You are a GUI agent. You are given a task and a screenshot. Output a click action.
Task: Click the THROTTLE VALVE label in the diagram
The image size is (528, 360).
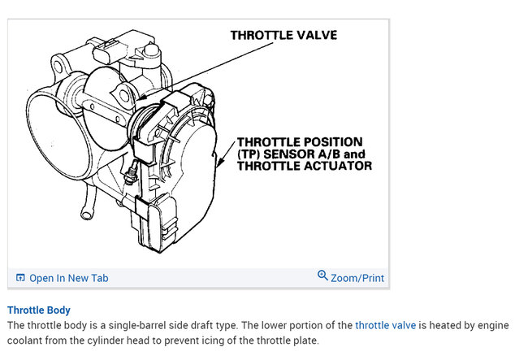283,35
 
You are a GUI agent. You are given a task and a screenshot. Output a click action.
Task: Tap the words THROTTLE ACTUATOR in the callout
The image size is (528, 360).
305,166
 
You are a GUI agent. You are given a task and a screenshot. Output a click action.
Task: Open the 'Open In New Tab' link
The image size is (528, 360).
68,278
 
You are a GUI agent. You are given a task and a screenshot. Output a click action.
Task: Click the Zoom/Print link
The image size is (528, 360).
357,278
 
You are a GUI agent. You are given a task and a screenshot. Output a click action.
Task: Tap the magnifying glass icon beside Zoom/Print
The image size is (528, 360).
322,276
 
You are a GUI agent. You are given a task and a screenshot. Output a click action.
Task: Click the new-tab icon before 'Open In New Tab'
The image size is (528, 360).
20,278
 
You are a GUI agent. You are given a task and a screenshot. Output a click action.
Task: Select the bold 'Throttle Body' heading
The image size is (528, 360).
39,310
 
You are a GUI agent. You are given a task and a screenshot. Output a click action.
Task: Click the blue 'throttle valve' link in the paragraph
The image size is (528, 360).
385,325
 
